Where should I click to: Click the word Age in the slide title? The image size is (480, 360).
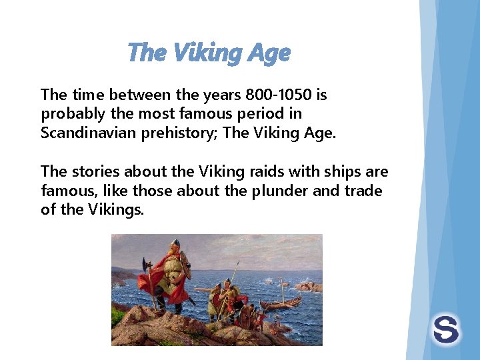271,53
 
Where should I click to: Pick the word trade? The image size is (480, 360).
364,191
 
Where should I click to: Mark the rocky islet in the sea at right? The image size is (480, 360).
309,287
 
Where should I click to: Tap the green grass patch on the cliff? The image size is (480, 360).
119,313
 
